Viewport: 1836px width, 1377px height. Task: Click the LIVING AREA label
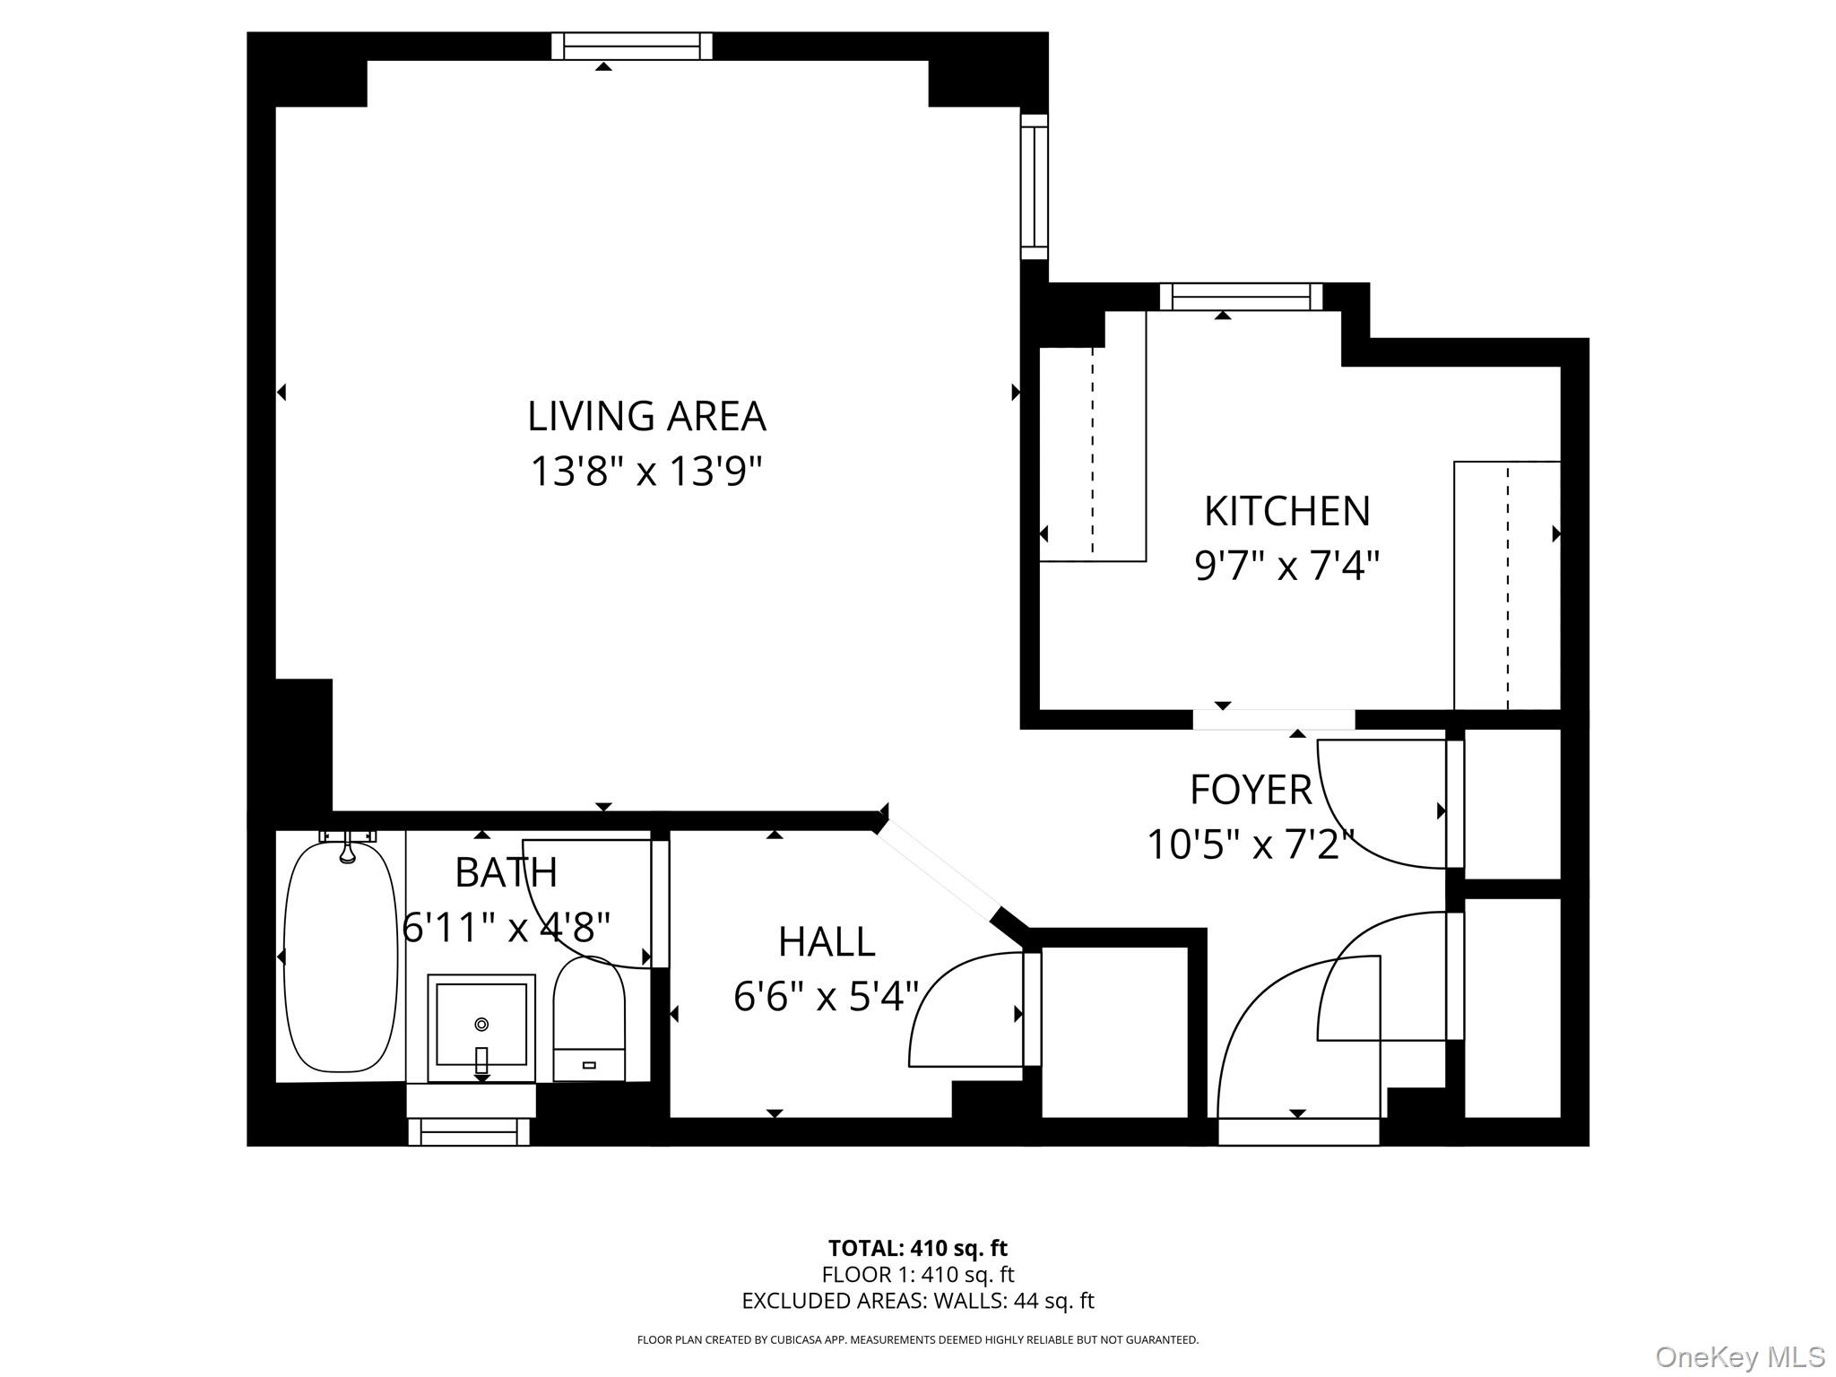coord(645,417)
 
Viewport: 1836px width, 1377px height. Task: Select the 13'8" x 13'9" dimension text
coord(645,472)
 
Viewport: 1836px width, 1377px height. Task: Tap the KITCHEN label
coord(1286,512)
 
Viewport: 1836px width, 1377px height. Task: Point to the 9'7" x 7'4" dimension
coord(1286,567)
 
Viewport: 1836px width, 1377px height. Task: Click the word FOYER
coord(1251,791)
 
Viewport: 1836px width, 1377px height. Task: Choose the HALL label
coord(826,942)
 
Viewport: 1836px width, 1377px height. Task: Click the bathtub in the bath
coord(341,957)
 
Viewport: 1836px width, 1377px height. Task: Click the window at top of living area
coord(631,46)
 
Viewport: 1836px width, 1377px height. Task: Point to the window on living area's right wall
coord(1034,186)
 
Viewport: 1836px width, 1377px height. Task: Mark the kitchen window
coord(1240,297)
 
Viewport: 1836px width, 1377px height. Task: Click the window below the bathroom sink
coord(469,1131)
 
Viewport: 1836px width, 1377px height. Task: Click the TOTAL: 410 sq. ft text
coord(917,1248)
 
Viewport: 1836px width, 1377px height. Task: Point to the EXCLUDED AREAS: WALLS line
coord(917,1301)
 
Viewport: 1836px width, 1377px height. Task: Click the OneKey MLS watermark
coord(1739,1357)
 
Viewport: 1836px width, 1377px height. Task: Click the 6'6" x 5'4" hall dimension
coord(826,997)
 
